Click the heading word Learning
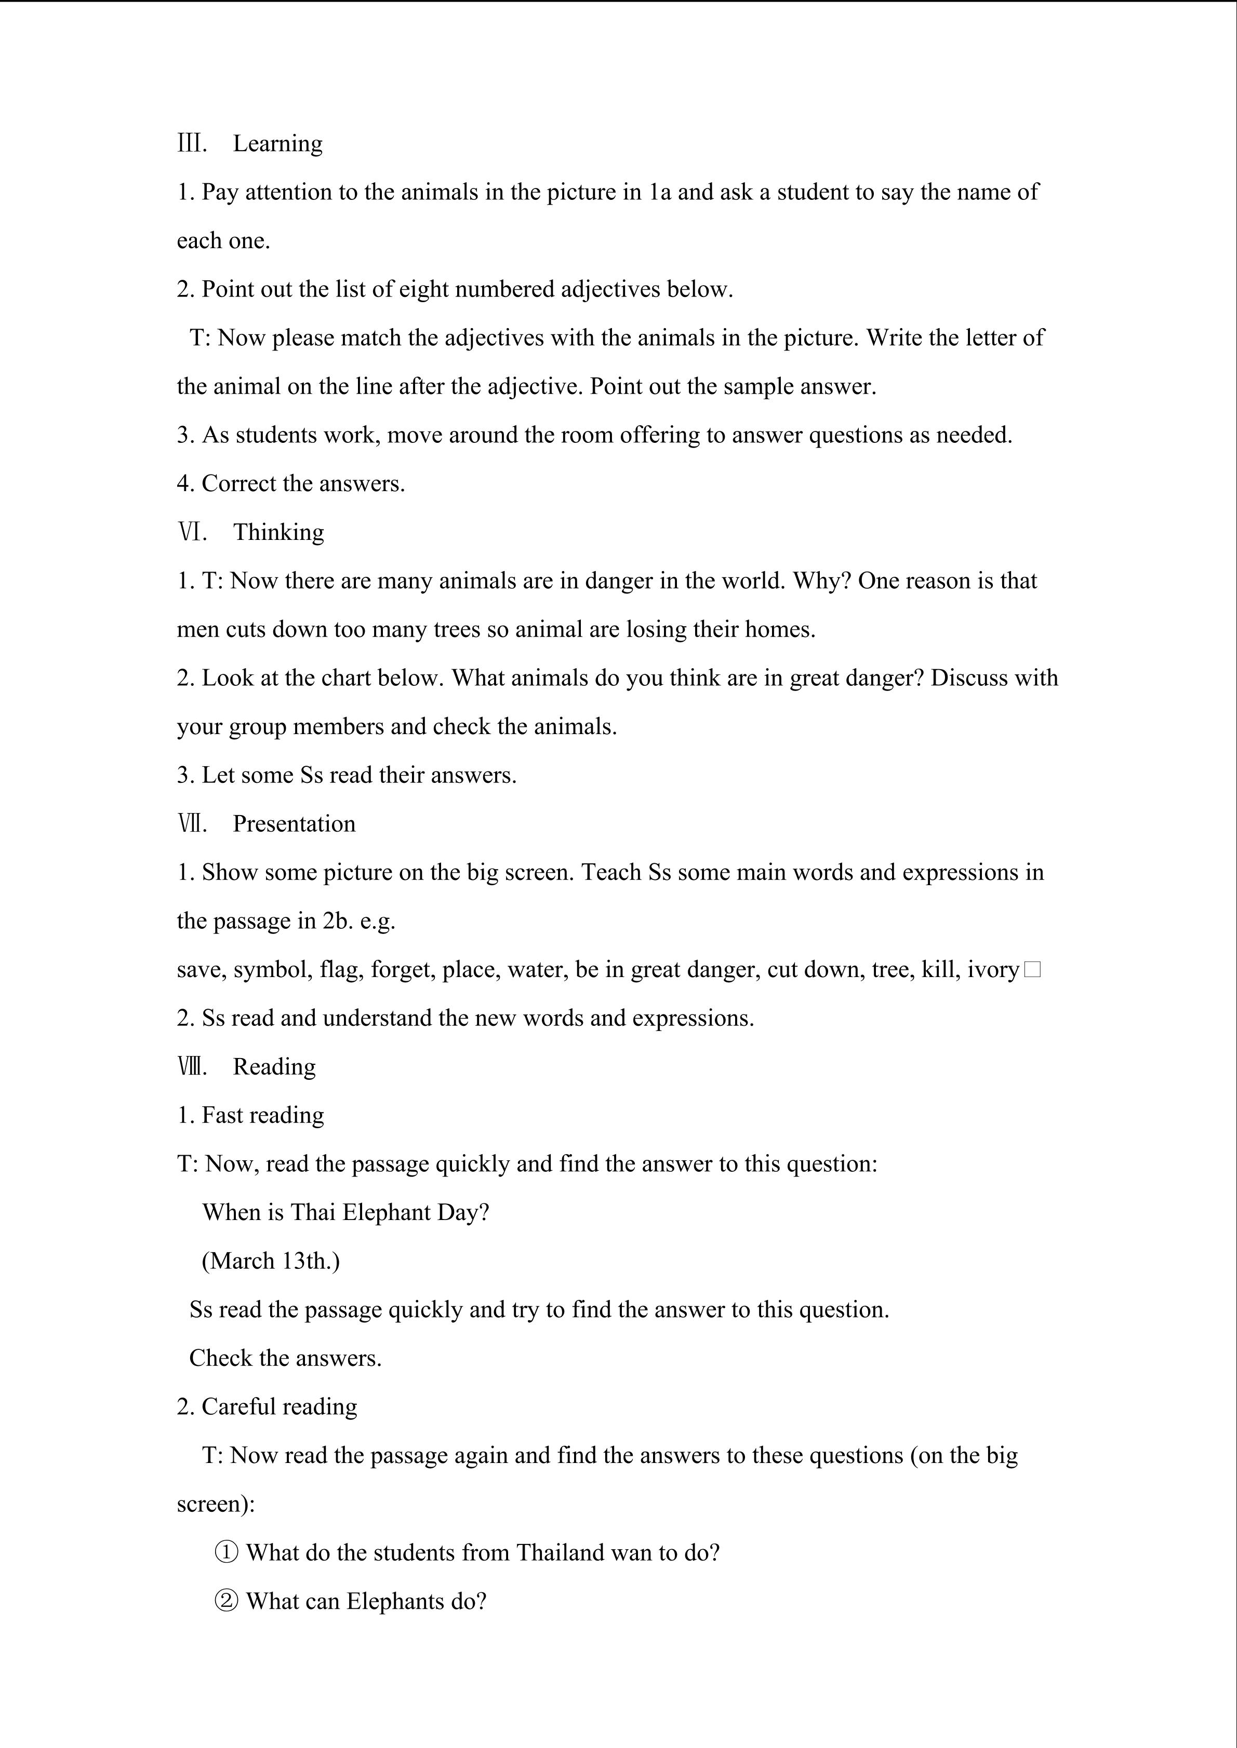click(x=277, y=144)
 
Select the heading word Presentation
click(x=294, y=824)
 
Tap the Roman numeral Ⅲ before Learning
click(x=191, y=144)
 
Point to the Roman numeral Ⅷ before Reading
click(x=192, y=1067)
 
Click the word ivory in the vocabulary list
click(x=992, y=970)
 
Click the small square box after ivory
click(x=1033, y=970)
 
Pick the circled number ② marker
click(x=226, y=1602)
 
